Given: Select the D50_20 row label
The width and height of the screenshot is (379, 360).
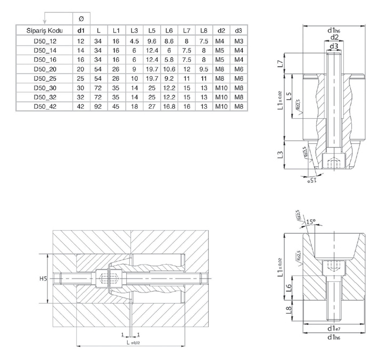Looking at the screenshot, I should coord(44,69).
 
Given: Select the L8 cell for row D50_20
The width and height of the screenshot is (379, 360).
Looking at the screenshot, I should coord(203,69).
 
